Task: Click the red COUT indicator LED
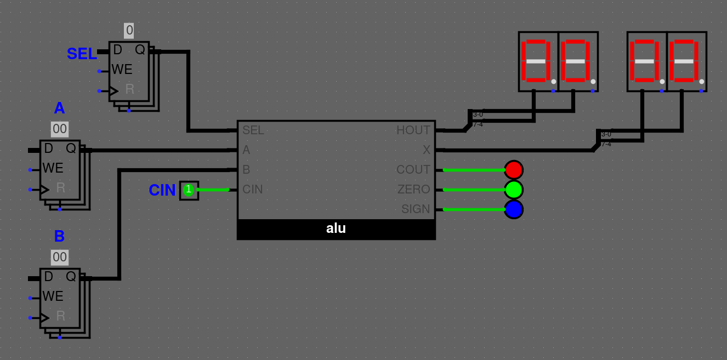pyautogui.click(x=514, y=170)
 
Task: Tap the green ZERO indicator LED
pyautogui.click(x=514, y=190)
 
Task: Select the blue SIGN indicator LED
pyautogui.click(x=514, y=209)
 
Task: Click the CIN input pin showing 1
pyautogui.click(x=189, y=190)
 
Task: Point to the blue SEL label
pyautogui.click(x=82, y=54)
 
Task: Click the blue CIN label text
pyautogui.click(x=162, y=190)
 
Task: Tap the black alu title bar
pyautogui.click(x=336, y=229)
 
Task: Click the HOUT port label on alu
pyautogui.click(x=413, y=130)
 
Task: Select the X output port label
pyautogui.click(x=427, y=150)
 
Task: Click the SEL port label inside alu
pyautogui.click(x=253, y=130)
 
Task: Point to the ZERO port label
pyautogui.click(x=414, y=190)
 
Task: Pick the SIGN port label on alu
pyautogui.click(x=416, y=209)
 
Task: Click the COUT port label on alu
pyautogui.click(x=413, y=170)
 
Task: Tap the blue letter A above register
pyautogui.click(x=59, y=108)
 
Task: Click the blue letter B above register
pyautogui.click(x=59, y=236)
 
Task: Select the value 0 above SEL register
pyautogui.click(x=129, y=31)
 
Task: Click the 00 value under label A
pyautogui.click(x=60, y=129)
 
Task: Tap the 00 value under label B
pyautogui.click(x=60, y=258)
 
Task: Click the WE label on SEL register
pyautogui.click(x=122, y=70)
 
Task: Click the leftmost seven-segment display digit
pyautogui.click(x=538, y=61)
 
